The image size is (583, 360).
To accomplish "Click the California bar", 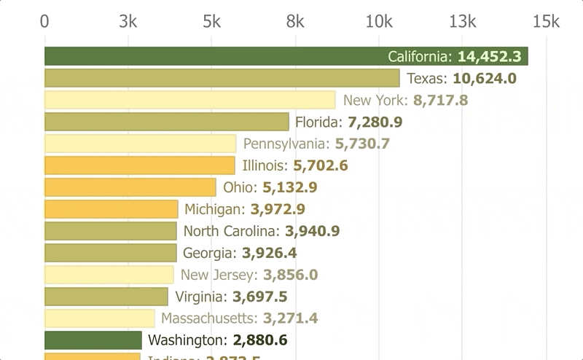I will click(x=219, y=56).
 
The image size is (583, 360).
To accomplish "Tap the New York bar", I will click(x=189, y=100).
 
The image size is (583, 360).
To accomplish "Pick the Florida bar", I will click(x=167, y=122).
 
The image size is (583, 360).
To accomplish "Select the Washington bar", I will click(x=93, y=340).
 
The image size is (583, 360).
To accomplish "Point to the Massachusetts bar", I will click(x=99, y=318).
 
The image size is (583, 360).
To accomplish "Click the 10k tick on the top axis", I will click(x=379, y=21).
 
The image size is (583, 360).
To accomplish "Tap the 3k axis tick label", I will click(x=128, y=21).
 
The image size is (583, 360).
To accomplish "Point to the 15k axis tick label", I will click(x=546, y=21).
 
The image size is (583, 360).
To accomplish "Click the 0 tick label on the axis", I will click(x=45, y=21).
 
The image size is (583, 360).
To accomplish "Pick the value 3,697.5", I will click(x=259, y=297).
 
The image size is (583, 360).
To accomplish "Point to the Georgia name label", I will click(x=209, y=253).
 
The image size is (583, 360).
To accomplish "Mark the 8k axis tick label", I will click(x=295, y=21).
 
